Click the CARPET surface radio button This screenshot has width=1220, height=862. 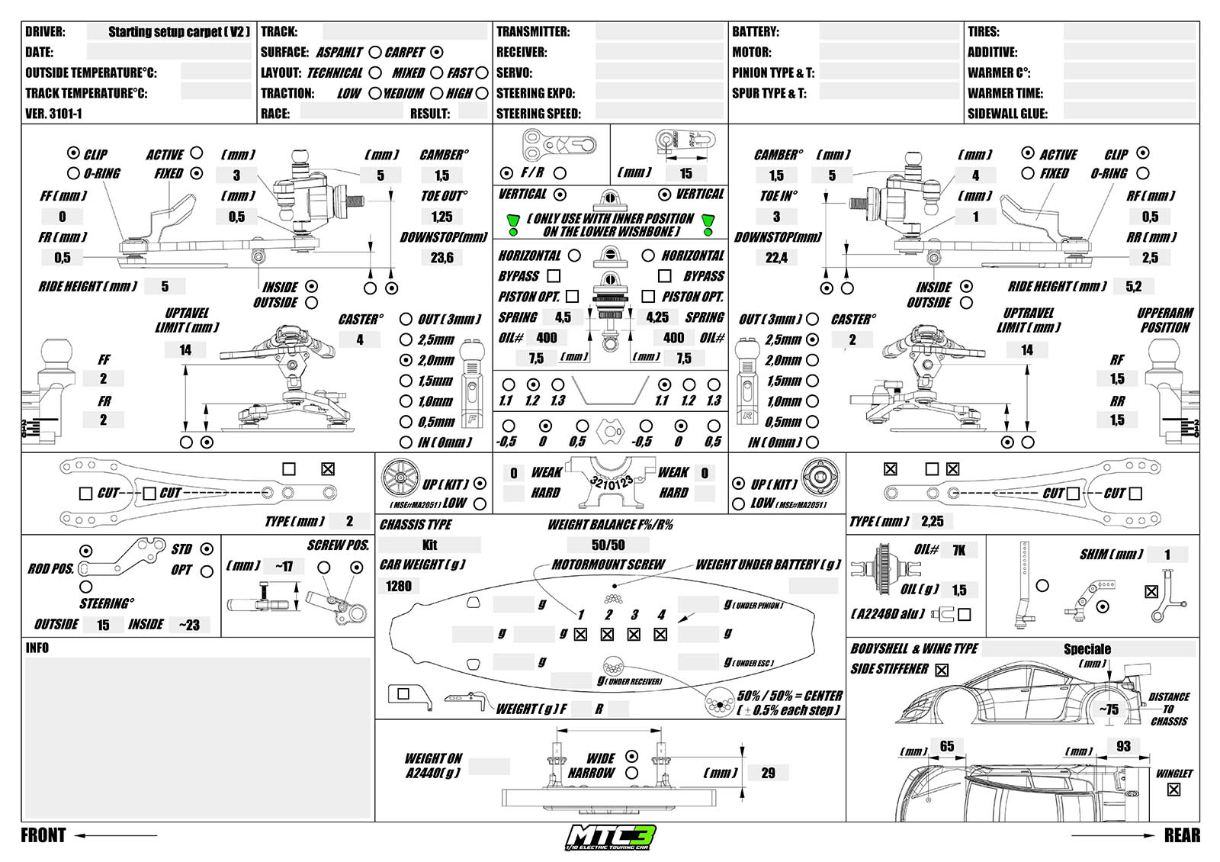coord(436,53)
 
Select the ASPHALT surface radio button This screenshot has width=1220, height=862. coord(374,53)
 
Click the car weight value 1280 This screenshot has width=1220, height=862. coord(398,586)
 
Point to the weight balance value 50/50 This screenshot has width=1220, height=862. coord(608,545)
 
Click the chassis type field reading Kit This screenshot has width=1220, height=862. coord(429,545)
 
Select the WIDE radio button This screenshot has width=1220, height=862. coord(631,756)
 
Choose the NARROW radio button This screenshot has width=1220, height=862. coord(631,773)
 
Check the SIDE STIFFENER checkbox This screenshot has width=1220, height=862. coord(942,670)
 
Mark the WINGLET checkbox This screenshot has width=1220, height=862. coord(1173,790)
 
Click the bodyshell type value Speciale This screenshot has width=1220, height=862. coord(1087,649)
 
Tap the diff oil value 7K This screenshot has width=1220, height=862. coord(958,550)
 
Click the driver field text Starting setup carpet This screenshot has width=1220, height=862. coord(178,32)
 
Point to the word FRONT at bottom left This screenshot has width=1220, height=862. coord(43,835)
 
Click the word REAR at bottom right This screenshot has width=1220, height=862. coord(1181,835)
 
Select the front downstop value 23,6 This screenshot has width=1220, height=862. coord(441,258)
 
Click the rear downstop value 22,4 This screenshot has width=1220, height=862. coord(776,258)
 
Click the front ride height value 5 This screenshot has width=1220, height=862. coord(165,287)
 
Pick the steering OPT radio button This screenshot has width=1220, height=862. coord(207,571)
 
